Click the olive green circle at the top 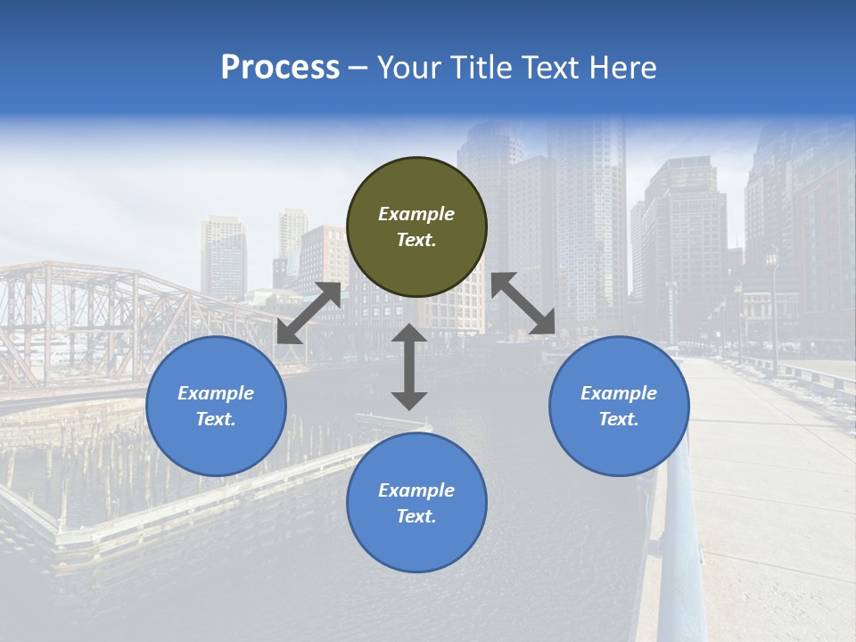coord(416,227)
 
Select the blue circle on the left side coord(216,406)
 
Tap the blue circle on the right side coord(619,406)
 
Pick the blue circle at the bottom coord(416,503)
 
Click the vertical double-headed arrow coord(409,366)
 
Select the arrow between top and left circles coord(309,313)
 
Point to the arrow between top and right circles coord(523,303)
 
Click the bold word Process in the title coord(280,67)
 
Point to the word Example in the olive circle coord(416,214)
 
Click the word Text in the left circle coord(216,419)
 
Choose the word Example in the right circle coord(619,393)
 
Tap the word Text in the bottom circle coord(416,516)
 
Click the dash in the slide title coord(358,68)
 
